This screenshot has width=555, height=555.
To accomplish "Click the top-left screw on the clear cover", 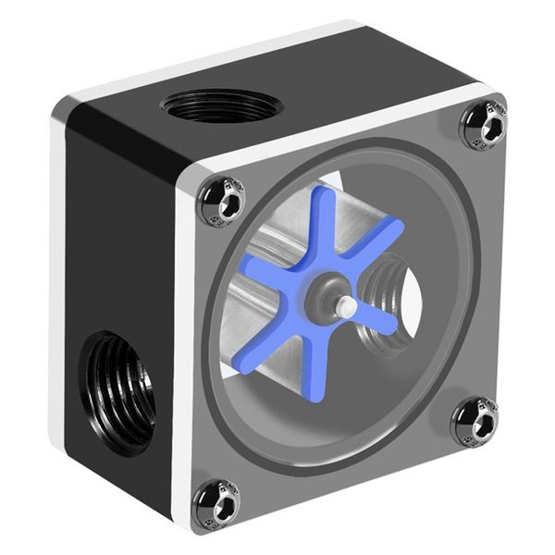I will pyautogui.click(x=222, y=199).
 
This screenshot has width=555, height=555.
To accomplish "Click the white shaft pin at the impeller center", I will pyautogui.click(x=345, y=307).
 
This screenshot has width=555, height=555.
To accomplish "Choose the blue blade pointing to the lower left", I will pyautogui.click(x=259, y=351).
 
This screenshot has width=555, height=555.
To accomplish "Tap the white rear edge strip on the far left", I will pyautogui.click(x=57, y=277).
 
